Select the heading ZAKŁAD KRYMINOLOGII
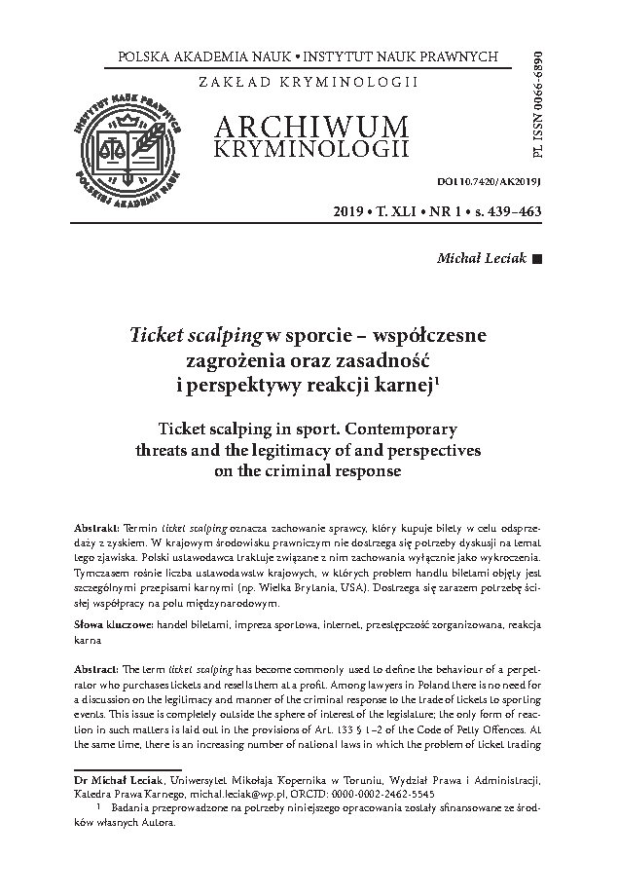(308, 81)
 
